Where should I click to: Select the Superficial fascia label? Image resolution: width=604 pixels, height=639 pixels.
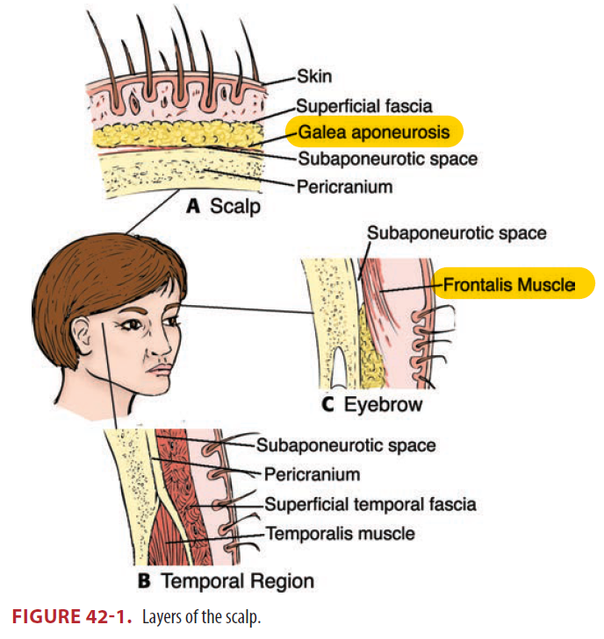(364, 107)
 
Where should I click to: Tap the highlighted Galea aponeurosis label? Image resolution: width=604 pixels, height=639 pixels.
(367, 132)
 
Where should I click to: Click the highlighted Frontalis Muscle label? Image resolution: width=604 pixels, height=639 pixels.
(507, 284)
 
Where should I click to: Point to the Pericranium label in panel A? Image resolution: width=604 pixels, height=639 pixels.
(344, 186)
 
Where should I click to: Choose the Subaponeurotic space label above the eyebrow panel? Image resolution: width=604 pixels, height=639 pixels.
(457, 233)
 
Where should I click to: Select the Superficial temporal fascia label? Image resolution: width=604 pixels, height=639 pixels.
(370, 504)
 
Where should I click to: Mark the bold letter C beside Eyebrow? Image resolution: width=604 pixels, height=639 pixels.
(327, 405)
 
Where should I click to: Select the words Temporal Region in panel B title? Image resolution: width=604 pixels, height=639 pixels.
(237, 580)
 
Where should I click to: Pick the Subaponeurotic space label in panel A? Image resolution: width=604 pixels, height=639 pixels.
(387, 159)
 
